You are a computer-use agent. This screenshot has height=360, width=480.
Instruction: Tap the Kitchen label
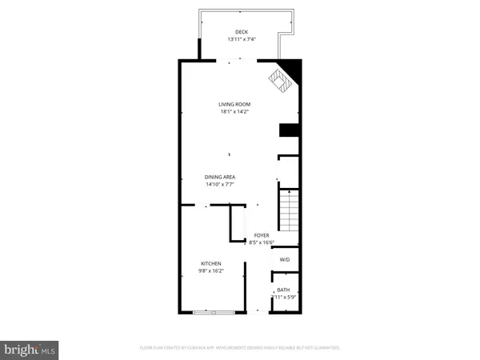[211, 263]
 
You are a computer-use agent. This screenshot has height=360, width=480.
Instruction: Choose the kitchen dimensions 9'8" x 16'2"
[211, 270]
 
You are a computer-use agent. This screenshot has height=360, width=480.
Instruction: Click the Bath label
[283, 290]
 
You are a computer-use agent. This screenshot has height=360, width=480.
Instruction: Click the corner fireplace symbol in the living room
[280, 79]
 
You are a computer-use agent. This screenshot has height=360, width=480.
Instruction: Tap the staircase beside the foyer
[289, 209]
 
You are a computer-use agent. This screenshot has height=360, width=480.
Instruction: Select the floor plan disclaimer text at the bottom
[240, 348]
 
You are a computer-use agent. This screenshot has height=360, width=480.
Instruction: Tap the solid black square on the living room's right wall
[289, 131]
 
